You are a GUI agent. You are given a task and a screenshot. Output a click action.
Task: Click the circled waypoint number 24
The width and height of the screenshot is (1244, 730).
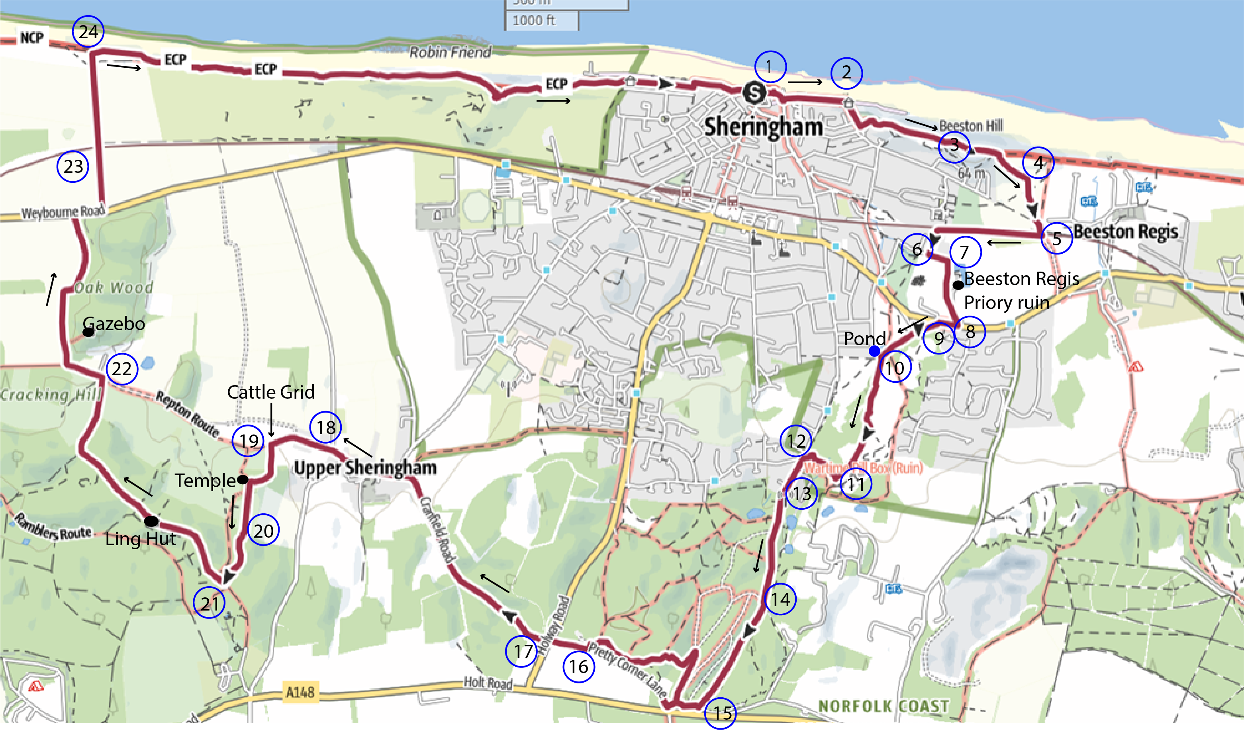click(x=88, y=31)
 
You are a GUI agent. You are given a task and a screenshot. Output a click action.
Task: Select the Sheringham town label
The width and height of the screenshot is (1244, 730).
click(x=763, y=127)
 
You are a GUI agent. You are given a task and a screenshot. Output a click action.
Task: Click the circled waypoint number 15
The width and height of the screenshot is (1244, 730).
click(x=720, y=713)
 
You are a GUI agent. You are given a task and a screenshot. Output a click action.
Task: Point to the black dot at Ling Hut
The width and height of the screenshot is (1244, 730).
click(x=151, y=521)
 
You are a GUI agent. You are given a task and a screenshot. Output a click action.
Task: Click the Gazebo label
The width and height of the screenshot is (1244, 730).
click(x=114, y=324)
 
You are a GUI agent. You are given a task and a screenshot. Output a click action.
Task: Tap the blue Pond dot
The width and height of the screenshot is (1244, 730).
click(x=874, y=351)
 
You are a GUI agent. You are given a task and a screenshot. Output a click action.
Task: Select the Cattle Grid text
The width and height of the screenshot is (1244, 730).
click(x=270, y=392)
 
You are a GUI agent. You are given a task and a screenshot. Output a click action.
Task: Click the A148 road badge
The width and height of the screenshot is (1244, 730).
click(x=300, y=692)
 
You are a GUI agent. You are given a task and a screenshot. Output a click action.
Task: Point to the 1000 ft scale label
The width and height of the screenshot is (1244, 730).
click(x=534, y=20)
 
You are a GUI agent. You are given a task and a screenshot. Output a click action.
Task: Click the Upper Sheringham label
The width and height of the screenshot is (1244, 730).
click(x=365, y=468)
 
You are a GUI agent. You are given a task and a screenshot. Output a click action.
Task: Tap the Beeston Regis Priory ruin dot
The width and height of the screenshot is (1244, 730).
click(x=958, y=285)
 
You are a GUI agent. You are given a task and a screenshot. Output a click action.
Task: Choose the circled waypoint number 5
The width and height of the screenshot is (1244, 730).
click(x=1056, y=239)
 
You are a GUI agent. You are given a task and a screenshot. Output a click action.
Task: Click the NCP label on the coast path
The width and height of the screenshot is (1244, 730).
click(x=31, y=37)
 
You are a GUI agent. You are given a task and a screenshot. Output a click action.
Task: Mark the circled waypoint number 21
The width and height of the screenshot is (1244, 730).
click(x=209, y=603)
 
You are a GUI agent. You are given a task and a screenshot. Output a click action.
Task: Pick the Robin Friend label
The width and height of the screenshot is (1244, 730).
click(x=450, y=52)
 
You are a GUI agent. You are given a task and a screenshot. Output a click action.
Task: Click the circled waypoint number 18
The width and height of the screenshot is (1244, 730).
click(x=326, y=427)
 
